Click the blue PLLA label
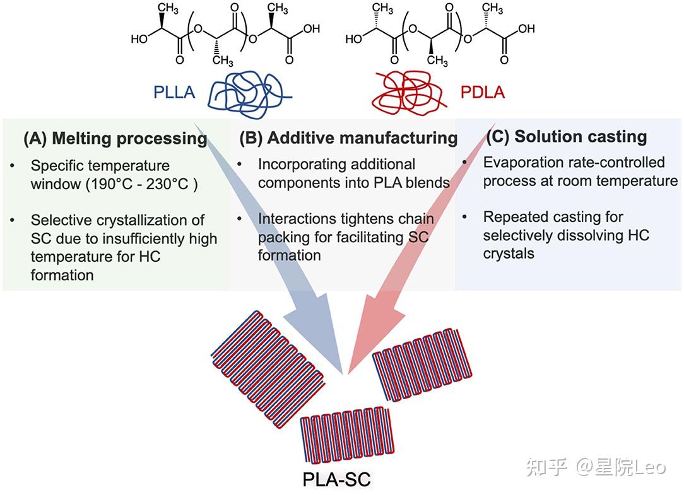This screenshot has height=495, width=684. (x=174, y=93)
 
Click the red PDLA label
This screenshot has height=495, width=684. (x=482, y=93)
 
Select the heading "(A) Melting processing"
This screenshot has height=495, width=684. (x=115, y=139)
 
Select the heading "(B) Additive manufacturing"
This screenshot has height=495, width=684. (x=348, y=137)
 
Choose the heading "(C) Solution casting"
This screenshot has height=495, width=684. (x=566, y=137)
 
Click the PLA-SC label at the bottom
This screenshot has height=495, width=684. (x=336, y=479)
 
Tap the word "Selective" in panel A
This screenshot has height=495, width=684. (x=62, y=221)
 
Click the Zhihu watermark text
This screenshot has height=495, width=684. (x=596, y=467)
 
